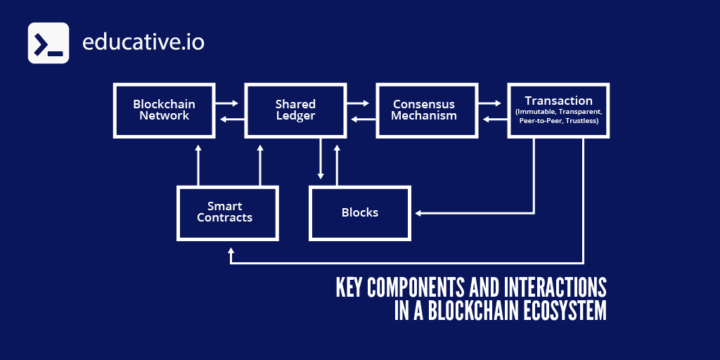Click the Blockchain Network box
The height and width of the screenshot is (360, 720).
pos(164,110)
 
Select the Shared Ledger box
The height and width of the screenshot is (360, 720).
pos(295,110)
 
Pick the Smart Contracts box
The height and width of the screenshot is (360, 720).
pos(227,212)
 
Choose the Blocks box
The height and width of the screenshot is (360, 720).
pos(359,212)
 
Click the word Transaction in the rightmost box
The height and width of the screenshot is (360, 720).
pos(558,101)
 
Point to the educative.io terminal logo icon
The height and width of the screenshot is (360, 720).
pos(49,44)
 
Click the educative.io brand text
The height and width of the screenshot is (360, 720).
pos(143,42)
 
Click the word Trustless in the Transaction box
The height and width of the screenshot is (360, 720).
pos(580,121)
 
